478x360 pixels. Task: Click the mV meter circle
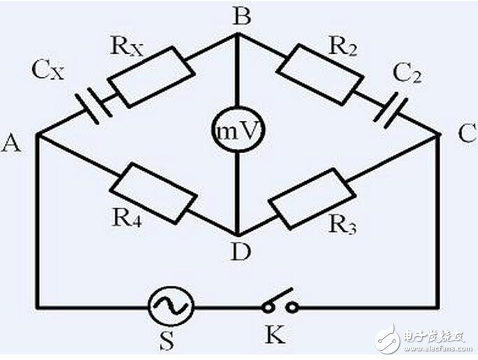(238, 130)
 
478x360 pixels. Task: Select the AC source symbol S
(171, 305)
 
